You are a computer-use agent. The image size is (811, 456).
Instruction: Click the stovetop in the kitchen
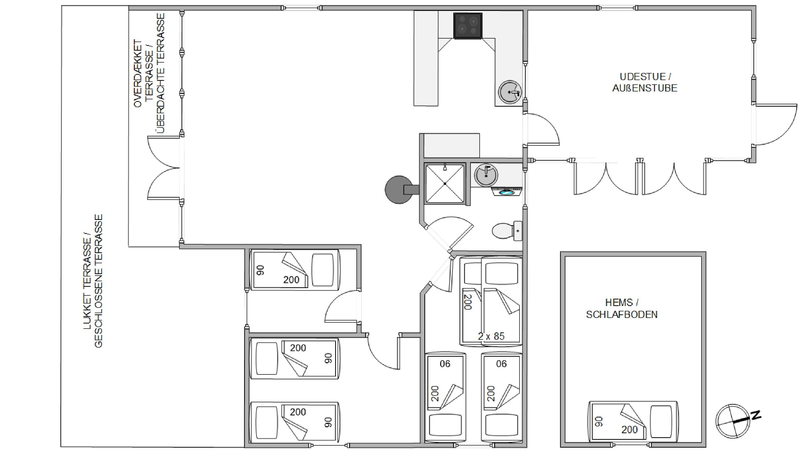tap(468, 26)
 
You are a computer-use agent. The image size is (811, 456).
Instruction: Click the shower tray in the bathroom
tap(445, 183)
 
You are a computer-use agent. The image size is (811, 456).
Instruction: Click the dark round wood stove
tap(399, 189)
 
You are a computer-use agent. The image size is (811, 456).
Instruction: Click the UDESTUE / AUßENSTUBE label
tap(645, 82)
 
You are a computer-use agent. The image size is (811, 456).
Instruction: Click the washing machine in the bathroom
tap(507, 191)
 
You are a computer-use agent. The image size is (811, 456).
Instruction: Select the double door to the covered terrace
tap(164, 168)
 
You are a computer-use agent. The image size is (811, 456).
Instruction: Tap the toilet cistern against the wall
tap(518, 231)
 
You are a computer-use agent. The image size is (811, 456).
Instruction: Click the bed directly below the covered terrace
tap(295, 270)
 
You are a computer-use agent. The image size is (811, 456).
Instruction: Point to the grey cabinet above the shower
tap(452, 145)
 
